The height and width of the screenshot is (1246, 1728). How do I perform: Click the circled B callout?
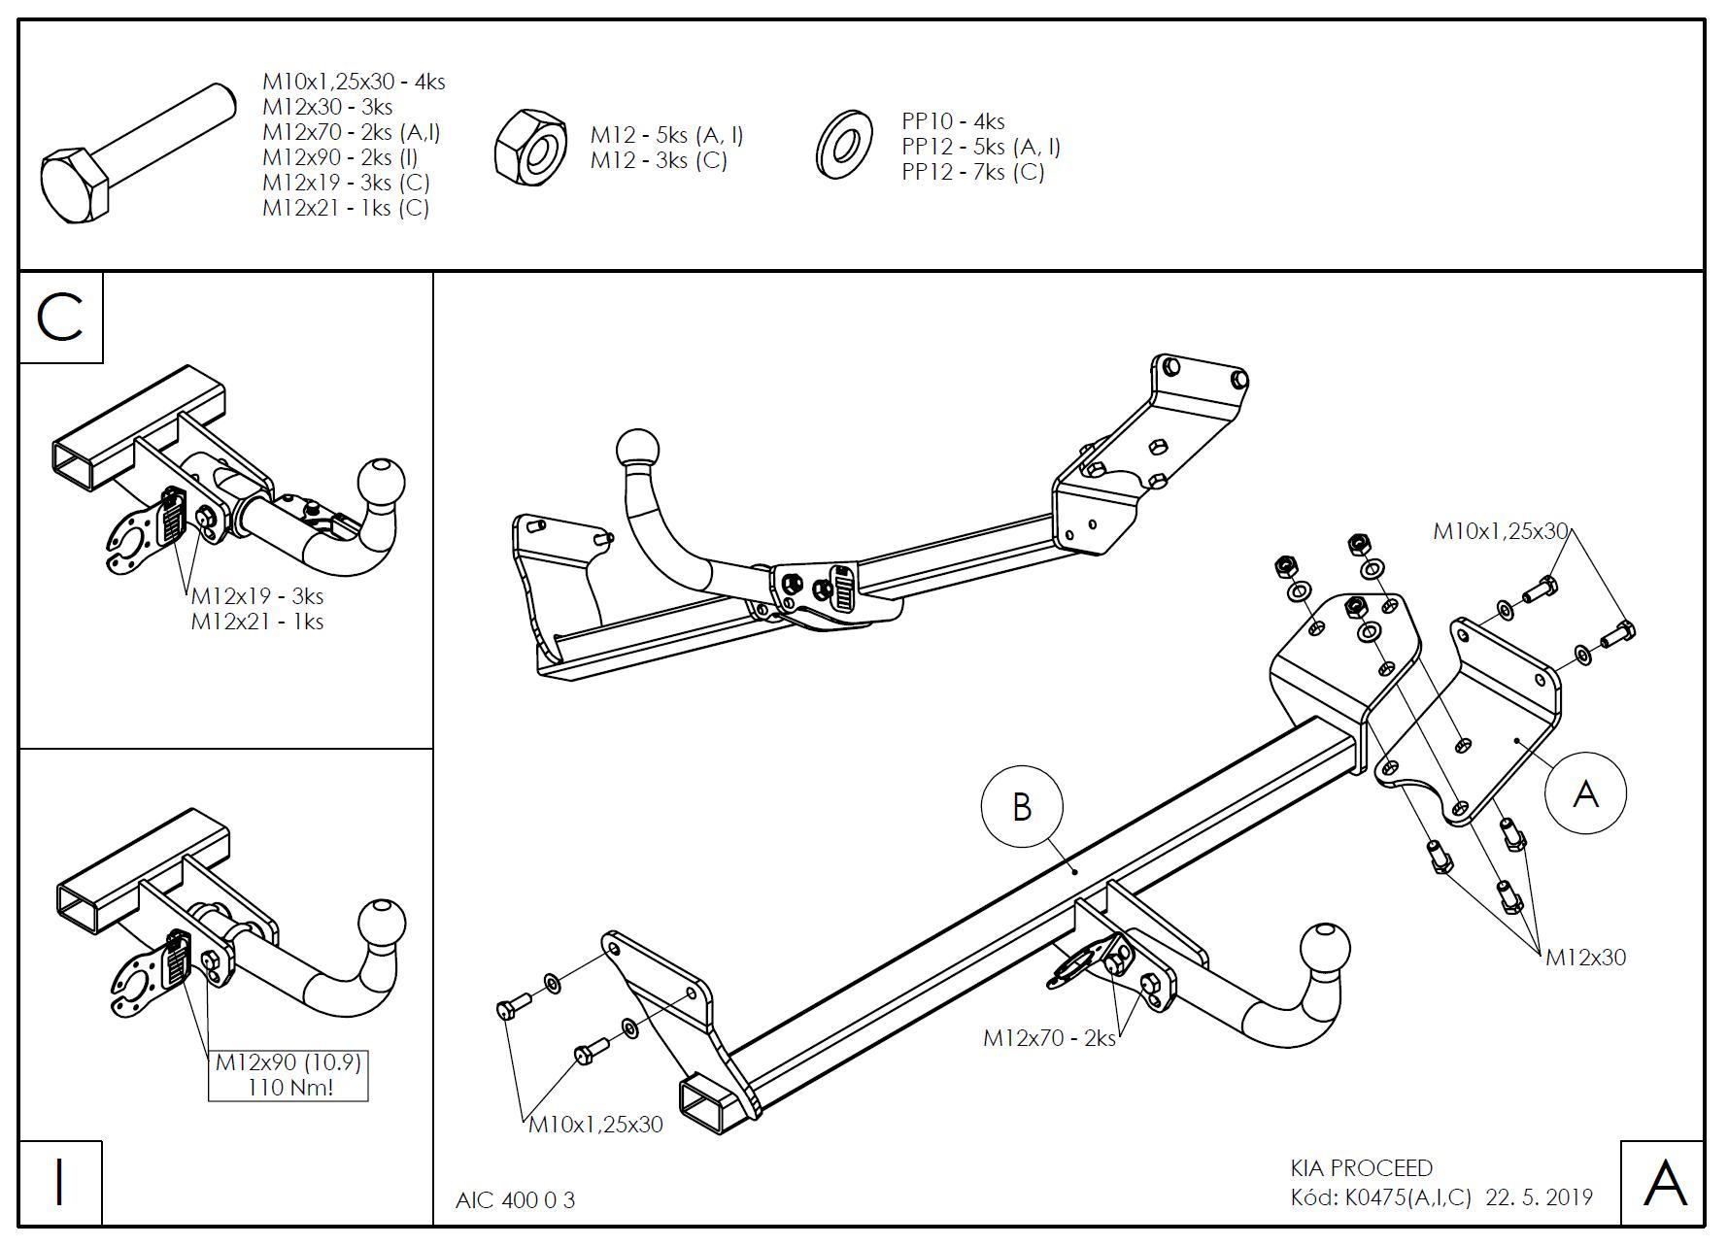pos(1022,806)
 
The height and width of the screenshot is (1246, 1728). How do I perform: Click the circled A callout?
pos(1585,793)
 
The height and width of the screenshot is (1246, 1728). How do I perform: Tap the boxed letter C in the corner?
pos(60,318)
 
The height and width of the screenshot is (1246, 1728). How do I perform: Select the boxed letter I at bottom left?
pos(60,1182)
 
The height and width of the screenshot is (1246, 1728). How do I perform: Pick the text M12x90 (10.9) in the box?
pos(288,1062)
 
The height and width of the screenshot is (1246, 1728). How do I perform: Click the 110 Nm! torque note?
pos(289,1087)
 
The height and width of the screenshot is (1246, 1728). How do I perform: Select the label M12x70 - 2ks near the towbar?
pos(1049,1037)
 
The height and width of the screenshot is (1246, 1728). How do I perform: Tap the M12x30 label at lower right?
pos(1585,957)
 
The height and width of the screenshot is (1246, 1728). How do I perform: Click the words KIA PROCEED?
pos(1361,1167)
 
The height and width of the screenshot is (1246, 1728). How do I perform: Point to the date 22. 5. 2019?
pos(1539,1197)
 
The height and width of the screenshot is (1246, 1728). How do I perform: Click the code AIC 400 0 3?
pos(515,1200)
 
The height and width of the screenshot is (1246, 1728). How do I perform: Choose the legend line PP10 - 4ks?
pos(953,121)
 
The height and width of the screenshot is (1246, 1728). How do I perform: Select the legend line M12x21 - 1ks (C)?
pos(345,208)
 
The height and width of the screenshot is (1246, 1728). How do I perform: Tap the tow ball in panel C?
pos(381,482)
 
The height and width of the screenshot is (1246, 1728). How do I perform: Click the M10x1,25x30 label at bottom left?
pos(595,1125)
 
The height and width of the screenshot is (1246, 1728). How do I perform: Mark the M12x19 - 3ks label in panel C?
pos(256,596)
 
